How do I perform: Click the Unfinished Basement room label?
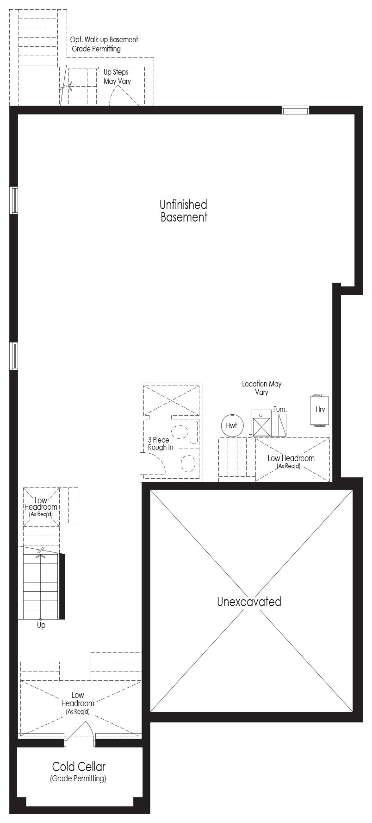(184, 211)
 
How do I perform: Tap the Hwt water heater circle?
(232, 425)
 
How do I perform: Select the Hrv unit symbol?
(320, 410)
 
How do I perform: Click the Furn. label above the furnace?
(280, 410)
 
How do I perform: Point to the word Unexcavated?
(249, 601)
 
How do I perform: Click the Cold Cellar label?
(79, 766)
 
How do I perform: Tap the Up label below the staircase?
(41, 626)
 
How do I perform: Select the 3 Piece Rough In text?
(161, 443)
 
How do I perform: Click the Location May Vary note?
(261, 388)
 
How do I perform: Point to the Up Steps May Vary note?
(117, 76)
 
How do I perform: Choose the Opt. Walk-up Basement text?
(104, 40)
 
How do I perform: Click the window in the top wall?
(296, 110)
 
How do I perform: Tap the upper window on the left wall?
(14, 200)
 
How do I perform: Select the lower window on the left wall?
(14, 356)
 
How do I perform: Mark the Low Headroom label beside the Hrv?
(291, 462)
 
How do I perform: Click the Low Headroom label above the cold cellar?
(78, 703)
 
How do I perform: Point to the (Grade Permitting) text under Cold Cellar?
(78, 779)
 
